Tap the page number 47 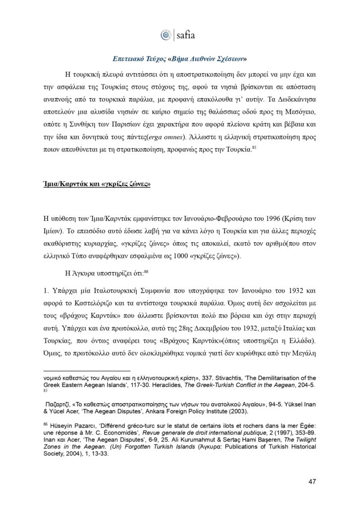(312, 481)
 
